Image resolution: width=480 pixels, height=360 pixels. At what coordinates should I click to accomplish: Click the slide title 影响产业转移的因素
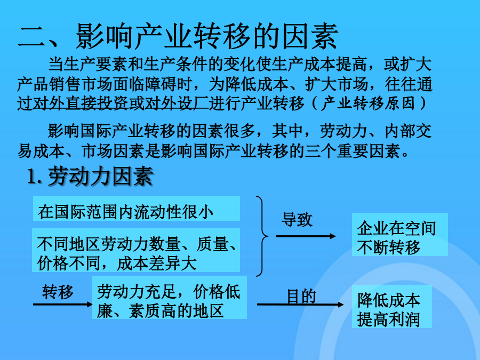pos(207,36)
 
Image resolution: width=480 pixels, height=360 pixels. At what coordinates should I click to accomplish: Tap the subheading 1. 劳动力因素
pos(90,177)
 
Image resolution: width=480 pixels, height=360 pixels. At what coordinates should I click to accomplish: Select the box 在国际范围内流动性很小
pos(136,209)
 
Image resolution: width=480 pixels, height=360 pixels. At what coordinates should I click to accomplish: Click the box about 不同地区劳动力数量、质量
pos(136,250)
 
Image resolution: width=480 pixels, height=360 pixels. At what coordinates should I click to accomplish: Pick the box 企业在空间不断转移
pos(400,235)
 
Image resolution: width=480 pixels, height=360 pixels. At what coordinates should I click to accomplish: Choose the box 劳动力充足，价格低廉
pos(169,297)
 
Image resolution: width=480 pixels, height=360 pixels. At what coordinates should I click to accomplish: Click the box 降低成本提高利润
pos(392,307)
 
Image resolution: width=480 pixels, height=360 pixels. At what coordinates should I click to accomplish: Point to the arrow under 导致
pos(306,236)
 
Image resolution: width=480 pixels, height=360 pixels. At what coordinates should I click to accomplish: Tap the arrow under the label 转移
pos(62,305)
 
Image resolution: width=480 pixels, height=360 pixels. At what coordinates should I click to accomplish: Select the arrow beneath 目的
pos(300,305)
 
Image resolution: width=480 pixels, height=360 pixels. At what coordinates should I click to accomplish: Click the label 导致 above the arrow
pos(297,220)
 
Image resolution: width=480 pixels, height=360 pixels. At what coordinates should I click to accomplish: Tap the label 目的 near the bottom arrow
pos(301,297)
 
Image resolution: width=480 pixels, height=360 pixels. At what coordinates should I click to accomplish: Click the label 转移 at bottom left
pos(58,291)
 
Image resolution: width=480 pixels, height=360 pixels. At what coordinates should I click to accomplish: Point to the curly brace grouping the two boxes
pos(262,236)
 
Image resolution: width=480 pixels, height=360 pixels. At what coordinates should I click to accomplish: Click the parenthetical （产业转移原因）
pos(369,103)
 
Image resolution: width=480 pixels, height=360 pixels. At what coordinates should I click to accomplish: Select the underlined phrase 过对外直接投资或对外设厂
pos(113,103)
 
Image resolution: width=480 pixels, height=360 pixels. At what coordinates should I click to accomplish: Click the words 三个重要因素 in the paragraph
pos(353,151)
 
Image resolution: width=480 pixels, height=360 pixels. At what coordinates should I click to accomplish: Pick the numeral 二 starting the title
pos(32,37)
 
